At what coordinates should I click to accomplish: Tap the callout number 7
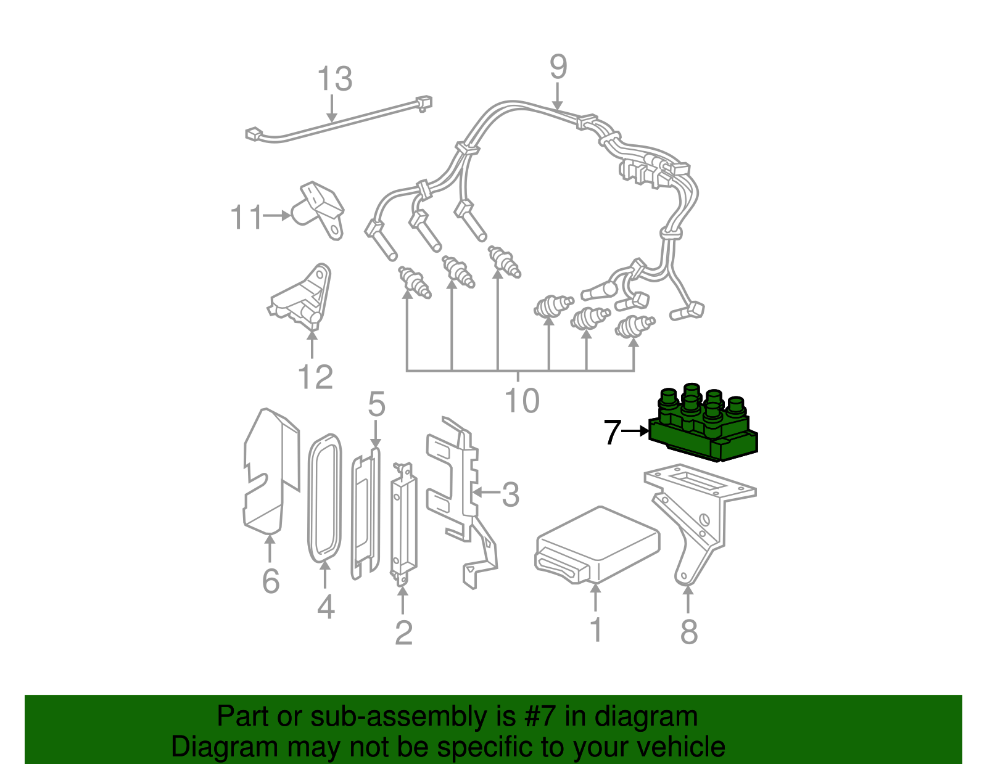tap(611, 432)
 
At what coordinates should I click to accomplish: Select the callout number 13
tap(334, 80)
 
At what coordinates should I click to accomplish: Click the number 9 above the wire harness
tap(558, 67)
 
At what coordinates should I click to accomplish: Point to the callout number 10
tap(522, 401)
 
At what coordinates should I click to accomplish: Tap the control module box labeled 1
tap(597, 543)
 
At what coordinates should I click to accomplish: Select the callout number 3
tap(510, 494)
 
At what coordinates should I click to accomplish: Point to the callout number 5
tap(376, 405)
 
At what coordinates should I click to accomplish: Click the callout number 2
tap(403, 633)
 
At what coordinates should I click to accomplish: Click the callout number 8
tap(688, 631)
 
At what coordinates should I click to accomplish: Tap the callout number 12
tap(315, 377)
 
